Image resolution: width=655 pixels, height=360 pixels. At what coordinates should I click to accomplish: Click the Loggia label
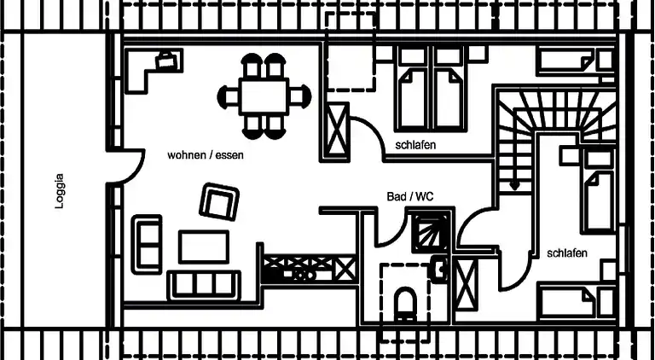59,192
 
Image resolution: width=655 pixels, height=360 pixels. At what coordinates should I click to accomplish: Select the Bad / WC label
410,196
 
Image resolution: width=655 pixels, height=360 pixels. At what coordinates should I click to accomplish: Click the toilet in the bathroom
405,304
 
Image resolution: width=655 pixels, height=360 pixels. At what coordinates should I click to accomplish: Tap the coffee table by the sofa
203,247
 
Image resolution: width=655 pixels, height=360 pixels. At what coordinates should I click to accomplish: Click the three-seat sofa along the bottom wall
203,284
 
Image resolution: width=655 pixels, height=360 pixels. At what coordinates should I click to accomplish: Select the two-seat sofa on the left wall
147,245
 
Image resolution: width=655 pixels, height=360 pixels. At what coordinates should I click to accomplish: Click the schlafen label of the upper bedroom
415,145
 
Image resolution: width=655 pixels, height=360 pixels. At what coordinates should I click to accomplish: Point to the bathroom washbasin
439,269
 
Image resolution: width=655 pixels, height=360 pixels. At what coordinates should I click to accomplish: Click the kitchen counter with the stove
309,269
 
